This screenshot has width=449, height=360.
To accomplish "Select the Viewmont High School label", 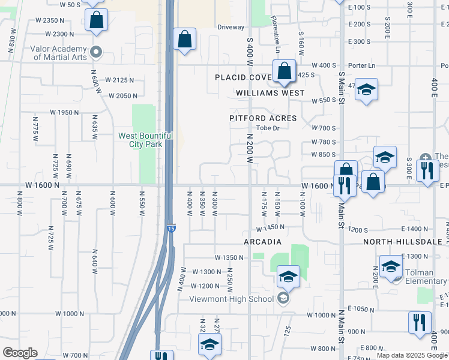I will click(x=231, y=299).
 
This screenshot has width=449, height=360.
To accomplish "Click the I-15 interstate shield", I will click(x=170, y=228).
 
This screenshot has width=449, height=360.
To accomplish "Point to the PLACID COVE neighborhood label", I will click(x=244, y=78).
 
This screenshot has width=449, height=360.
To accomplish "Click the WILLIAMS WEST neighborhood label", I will click(x=270, y=93).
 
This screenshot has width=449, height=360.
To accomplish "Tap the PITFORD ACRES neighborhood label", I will click(x=263, y=118).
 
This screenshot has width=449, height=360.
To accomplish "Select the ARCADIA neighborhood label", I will click(x=262, y=242).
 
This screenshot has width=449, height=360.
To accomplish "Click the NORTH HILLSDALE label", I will click(x=402, y=242).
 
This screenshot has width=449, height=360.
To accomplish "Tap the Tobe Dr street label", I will click(x=268, y=128).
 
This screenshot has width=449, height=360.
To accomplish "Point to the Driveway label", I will click(x=231, y=27).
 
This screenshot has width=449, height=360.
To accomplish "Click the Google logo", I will click(x=20, y=353).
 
